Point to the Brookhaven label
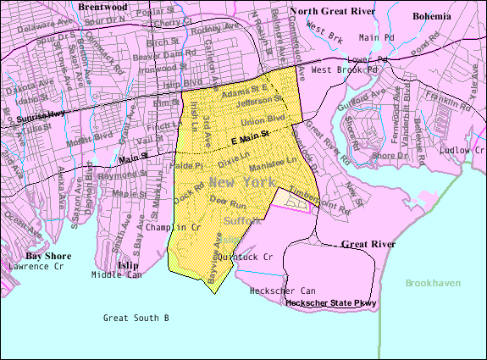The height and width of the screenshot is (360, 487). point(433,283)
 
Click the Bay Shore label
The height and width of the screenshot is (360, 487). point(46,255)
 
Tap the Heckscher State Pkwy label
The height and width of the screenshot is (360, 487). point(330,302)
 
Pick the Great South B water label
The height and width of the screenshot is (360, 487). point(136,318)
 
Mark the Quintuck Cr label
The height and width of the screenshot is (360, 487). point(246,256)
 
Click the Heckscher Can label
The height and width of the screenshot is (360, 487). point(283,291)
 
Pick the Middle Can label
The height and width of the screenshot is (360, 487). point(118,274)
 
